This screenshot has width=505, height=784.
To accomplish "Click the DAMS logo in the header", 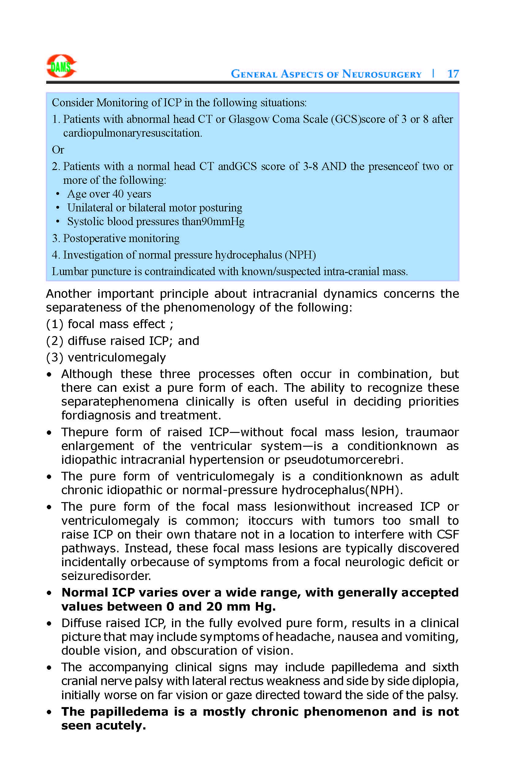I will (61, 66).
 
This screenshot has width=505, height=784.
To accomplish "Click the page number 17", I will (453, 74).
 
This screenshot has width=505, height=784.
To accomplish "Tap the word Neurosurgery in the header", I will (382, 74).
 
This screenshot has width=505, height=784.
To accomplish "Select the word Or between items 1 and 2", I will (58, 150).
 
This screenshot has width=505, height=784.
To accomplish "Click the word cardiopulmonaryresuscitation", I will (133, 133).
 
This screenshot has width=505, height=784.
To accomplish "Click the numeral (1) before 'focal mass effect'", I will (54, 324).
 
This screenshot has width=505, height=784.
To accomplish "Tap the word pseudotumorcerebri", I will (343, 460).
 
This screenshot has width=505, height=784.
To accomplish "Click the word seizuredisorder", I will (106, 576).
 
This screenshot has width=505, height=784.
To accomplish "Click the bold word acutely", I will (120, 725).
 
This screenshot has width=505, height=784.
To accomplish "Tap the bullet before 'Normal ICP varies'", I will (49, 593).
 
